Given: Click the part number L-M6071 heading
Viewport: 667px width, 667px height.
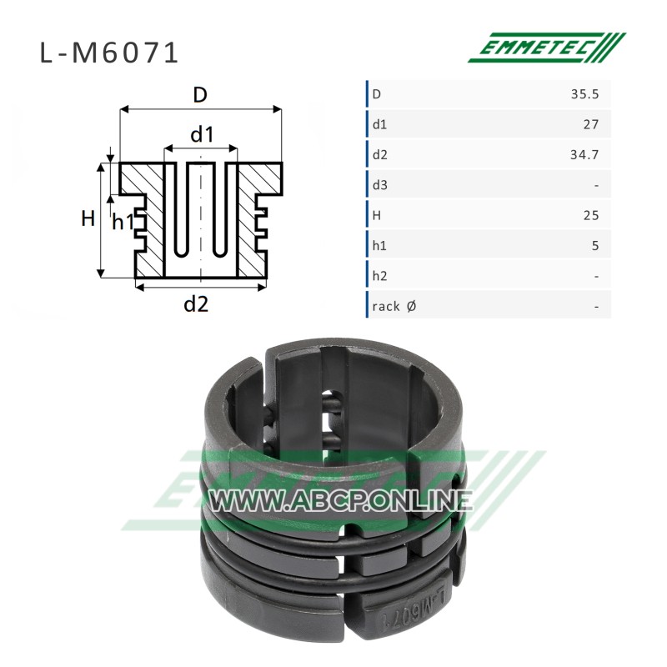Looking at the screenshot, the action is [x=109, y=53].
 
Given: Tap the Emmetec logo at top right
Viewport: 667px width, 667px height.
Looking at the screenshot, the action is [x=547, y=48].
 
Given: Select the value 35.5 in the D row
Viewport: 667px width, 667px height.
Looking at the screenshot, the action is [x=585, y=94].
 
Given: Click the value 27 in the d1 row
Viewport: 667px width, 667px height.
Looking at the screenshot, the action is [x=591, y=124].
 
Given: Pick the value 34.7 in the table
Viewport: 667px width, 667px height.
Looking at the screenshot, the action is [x=585, y=155].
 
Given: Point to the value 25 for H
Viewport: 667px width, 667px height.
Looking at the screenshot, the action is [x=591, y=215].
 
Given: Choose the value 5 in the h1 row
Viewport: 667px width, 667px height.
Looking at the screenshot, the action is [x=595, y=246].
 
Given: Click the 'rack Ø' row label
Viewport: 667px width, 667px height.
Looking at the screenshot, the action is [x=394, y=306].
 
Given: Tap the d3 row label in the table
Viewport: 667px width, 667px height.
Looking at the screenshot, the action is [x=380, y=185].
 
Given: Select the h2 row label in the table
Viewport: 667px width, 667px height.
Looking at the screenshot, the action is [x=380, y=276].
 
